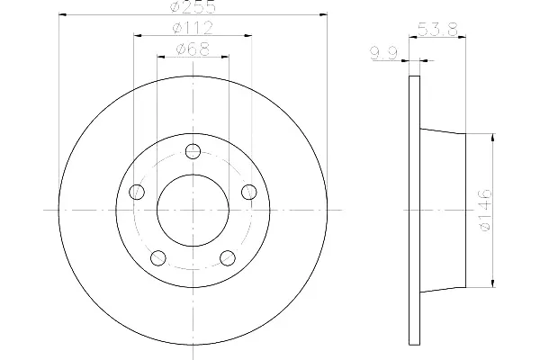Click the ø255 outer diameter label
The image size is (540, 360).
click(x=193, y=6)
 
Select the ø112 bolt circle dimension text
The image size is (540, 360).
click(x=193, y=28)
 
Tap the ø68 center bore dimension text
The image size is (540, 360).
click(x=193, y=49)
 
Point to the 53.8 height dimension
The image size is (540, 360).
click(x=437, y=30)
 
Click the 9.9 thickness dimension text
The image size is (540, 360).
click(x=384, y=53)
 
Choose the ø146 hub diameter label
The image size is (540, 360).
click(x=486, y=210)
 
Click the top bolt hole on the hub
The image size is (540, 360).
click(x=193, y=151)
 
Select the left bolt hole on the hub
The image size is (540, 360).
click(x=137, y=192)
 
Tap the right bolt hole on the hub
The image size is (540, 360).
click(x=249, y=192)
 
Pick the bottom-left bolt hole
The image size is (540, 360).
click(x=158, y=258)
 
